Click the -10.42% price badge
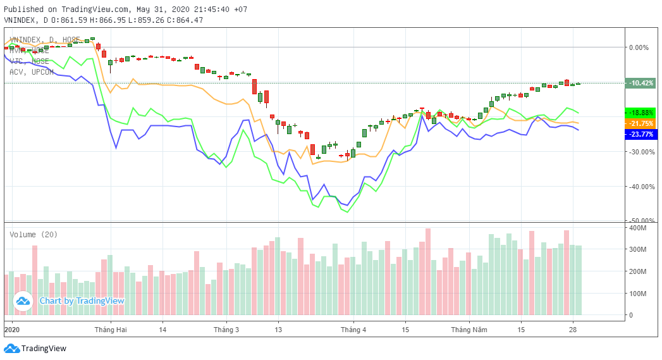tap(641, 83)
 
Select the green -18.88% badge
tap(641, 113)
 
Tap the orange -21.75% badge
tap(641, 123)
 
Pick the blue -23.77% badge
tap(641, 134)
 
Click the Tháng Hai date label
tap(111, 330)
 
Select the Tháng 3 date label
tap(226, 330)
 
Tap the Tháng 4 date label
tap(353, 330)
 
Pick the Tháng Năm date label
tap(469, 330)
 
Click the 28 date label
tap(573, 330)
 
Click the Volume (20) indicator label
tap(34, 235)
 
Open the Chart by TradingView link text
tap(82, 301)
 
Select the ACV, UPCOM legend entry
tap(32, 72)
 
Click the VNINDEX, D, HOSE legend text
tap(44, 40)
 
